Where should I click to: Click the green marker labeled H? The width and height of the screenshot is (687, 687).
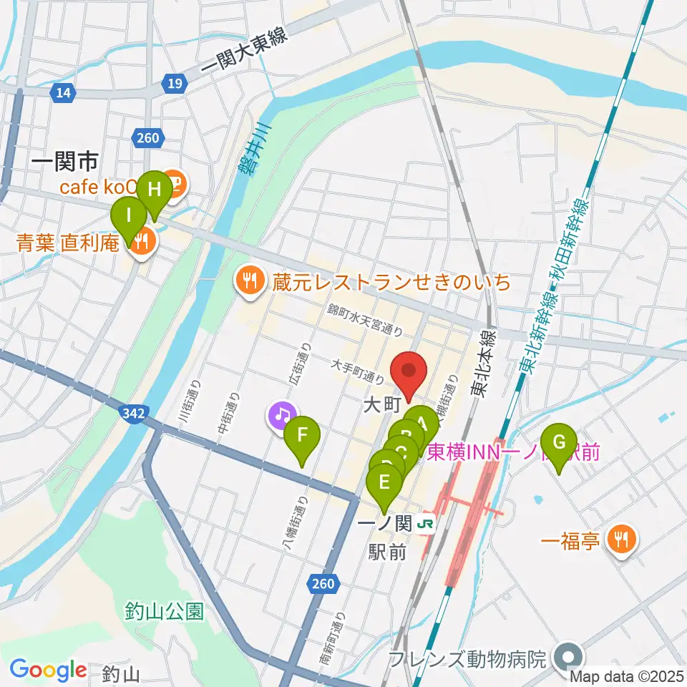[155, 190]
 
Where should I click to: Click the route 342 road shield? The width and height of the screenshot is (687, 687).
[133, 413]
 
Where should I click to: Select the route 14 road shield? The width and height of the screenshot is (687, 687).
[64, 92]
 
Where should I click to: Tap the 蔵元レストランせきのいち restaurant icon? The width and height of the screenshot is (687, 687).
[249, 280]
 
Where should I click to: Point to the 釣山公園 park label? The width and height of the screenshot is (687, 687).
[164, 611]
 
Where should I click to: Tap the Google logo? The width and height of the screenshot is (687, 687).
[48, 670]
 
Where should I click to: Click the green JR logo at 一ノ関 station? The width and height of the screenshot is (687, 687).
[426, 525]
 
